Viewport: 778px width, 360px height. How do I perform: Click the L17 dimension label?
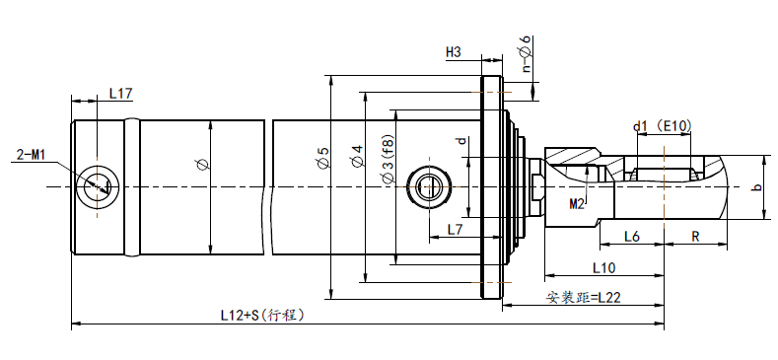(120, 93)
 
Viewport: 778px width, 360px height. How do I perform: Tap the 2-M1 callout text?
(31, 155)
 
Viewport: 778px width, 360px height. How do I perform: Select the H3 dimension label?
(454, 52)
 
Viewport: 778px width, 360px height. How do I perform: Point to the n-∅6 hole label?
(527, 53)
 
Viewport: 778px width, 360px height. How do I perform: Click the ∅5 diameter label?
(323, 158)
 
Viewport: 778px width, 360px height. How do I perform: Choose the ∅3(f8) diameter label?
(389, 158)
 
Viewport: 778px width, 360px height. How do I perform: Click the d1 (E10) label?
(662, 126)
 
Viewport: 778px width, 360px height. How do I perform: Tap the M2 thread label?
(577, 203)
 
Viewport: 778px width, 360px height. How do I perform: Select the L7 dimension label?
(455, 230)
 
